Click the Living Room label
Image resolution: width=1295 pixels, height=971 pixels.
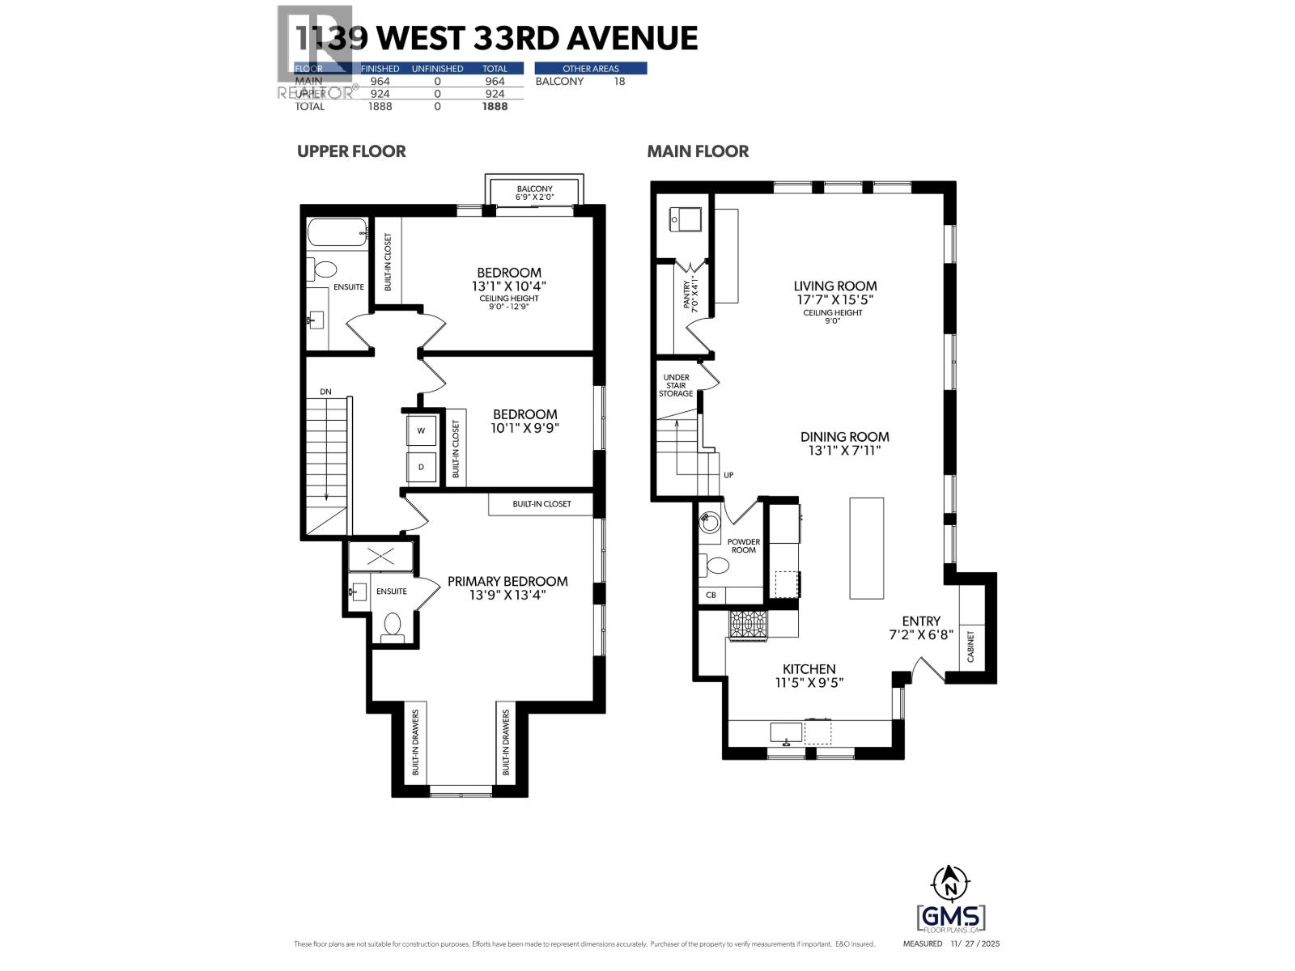[834, 286]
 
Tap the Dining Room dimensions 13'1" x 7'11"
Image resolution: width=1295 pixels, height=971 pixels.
[845, 451]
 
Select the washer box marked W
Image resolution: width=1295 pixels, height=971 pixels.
[421, 430]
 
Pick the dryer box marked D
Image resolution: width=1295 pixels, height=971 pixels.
[421, 467]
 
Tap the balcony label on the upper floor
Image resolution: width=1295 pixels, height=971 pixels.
[534, 189]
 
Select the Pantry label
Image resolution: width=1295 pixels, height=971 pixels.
[687, 295]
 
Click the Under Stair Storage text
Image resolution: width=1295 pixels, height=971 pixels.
[676, 385]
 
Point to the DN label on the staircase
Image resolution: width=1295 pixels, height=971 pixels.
[325, 392]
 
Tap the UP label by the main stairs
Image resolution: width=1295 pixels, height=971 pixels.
[728, 475]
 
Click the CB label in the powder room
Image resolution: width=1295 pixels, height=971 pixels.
[711, 596]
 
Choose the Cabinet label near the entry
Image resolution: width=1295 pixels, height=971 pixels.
[970, 647]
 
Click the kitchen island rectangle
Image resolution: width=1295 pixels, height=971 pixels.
[866, 548]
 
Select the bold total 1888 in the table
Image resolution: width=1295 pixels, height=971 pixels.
[495, 106]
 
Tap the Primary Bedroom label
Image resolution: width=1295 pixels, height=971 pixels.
[507, 581]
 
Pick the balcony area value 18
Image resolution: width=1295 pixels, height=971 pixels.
[619, 81]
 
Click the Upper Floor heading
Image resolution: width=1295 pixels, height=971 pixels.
[351, 151]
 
